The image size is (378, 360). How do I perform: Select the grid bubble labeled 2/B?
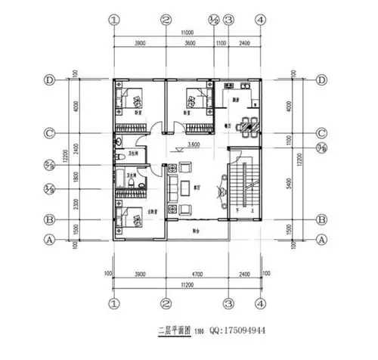[x=50, y=163]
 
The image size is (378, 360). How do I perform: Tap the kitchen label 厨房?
[x=236, y=100]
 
